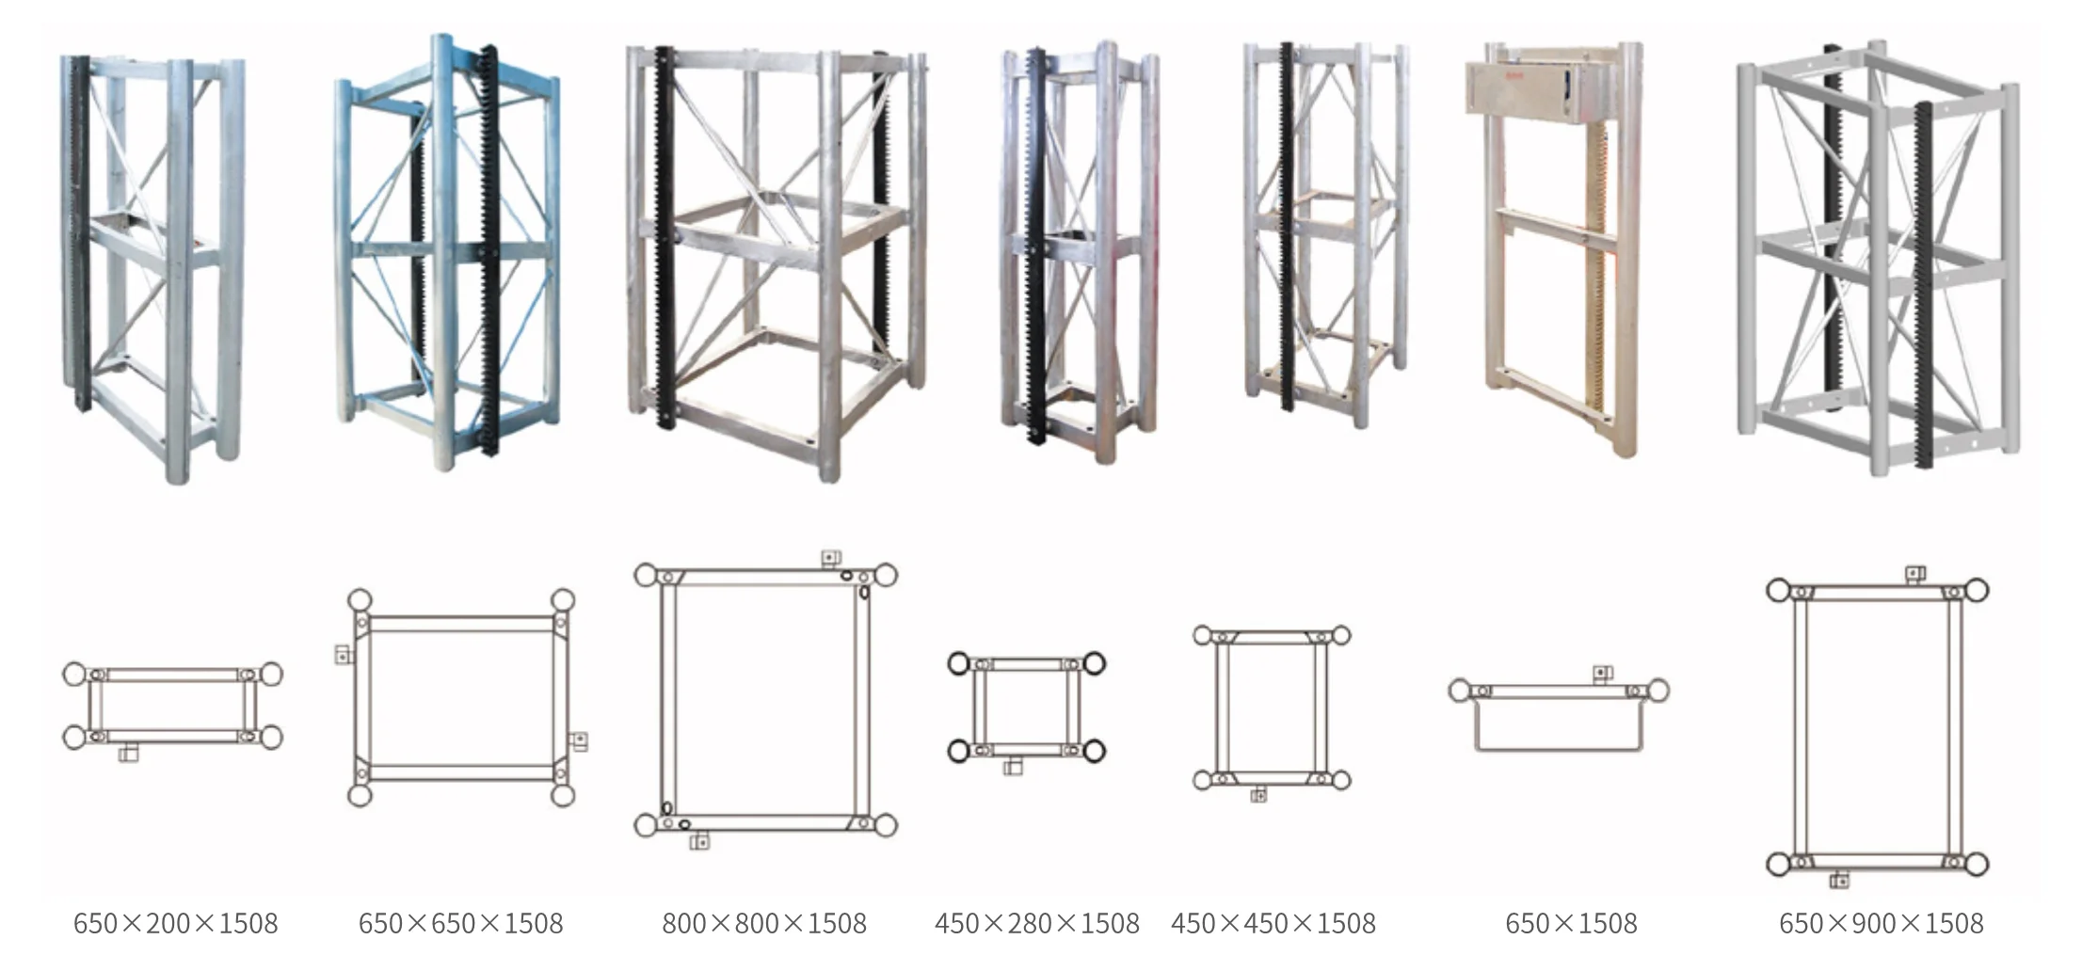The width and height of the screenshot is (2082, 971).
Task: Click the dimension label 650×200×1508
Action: (176, 923)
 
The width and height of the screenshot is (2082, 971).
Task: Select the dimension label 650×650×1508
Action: (460, 923)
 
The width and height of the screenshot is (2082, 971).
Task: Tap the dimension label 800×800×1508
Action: (764, 923)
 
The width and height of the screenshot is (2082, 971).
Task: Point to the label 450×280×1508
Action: (1037, 923)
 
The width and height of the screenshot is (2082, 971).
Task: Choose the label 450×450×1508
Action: (1273, 923)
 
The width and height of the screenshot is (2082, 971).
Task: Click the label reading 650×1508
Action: (1571, 923)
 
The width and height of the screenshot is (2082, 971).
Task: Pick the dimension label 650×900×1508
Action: (1881, 923)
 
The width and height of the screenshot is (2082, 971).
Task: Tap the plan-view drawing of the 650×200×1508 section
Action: (173, 706)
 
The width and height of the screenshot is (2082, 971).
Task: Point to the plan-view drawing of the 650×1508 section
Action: (1559, 715)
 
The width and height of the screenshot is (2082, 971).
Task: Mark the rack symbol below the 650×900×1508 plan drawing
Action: (1839, 881)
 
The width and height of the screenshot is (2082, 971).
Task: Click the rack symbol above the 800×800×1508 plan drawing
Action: (830, 557)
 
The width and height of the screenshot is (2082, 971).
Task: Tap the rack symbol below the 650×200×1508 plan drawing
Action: (130, 753)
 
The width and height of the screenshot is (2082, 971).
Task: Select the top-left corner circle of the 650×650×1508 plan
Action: (360, 600)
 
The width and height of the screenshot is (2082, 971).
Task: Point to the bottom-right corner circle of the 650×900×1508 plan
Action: (1975, 864)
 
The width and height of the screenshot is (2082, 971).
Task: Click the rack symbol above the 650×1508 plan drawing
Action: (1602, 673)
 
